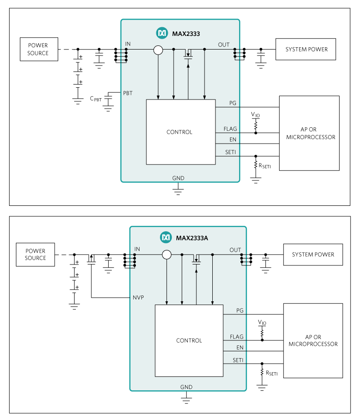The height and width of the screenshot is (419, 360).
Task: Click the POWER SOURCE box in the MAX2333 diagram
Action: click(38, 50)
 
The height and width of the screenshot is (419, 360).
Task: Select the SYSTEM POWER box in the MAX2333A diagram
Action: click(313, 254)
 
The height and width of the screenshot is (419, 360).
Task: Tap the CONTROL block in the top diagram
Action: click(179, 132)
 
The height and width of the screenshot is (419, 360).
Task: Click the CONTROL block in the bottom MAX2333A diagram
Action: click(189, 340)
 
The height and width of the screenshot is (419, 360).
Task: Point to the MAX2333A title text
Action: click(191, 238)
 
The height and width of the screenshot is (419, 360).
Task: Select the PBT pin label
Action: click(128, 93)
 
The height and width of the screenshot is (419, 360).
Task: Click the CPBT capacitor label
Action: click(96, 98)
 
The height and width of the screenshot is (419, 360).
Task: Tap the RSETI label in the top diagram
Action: click(264, 166)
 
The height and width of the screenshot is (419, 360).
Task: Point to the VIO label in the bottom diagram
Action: click(262, 323)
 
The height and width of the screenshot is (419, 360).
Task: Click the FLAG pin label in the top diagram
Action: click(230, 129)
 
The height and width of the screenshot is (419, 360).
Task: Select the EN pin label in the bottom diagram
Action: click(240, 348)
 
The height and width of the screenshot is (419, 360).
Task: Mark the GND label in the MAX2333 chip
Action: click(178, 178)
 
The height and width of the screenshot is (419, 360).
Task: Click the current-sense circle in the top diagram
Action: click(158, 50)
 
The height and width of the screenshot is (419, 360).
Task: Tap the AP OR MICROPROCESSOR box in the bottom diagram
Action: click(313, 340)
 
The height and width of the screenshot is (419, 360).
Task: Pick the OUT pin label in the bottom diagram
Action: click(235, 250)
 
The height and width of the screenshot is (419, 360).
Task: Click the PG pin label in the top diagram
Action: click(233, 103)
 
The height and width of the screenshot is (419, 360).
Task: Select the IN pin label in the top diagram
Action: click(128, 44)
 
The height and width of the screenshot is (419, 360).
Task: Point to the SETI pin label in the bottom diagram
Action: click(238, 360)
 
